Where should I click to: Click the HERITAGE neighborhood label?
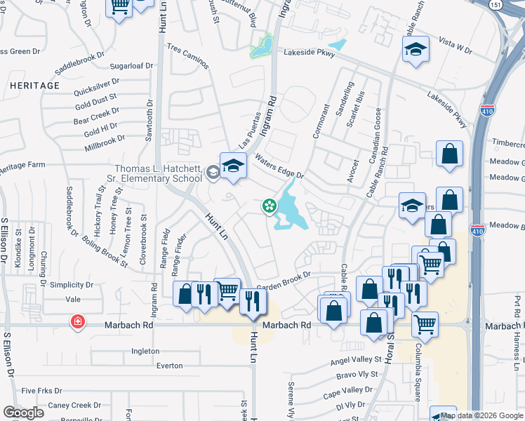pyautogui.click(x=35, y=86)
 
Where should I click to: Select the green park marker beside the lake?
pyautogui.click(x=268, y=206)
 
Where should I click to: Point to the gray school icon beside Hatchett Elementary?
pyautogui.click(x=212, y=172)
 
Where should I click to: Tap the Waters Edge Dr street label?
pyautogui.click(x=279, y=166)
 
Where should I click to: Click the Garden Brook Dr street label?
pyautogui.click(x=283, y=282)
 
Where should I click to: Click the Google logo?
pyautogui.click(x=23, y=413)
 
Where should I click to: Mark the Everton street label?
pyautogui.click(x=169, y=366)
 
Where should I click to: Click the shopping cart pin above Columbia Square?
pyautogui.click(x=425, y=323)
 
